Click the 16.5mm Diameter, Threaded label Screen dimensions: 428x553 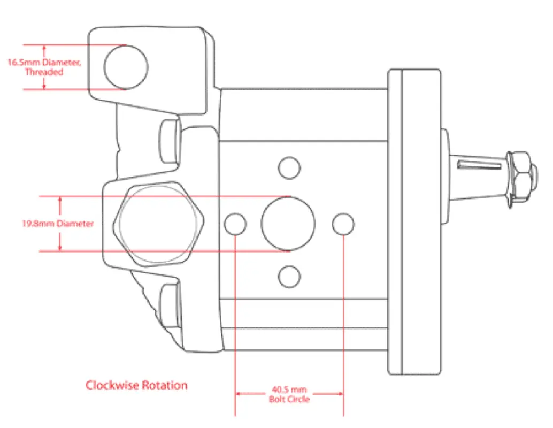point(44,67)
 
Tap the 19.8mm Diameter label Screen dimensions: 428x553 point(58,223)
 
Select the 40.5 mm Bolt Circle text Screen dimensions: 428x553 point(289,394)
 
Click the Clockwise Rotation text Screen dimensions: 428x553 point(136,385)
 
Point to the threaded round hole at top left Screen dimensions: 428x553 point(126,67)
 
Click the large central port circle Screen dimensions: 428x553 point(289,224)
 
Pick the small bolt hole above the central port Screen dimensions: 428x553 point(289,167)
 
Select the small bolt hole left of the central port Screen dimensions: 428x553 point(235,224)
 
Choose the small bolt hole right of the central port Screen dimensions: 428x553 point(343,224)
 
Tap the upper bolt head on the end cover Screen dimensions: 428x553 point(170,140)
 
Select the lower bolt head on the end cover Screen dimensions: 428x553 point(170,305)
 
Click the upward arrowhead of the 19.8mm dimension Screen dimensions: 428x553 point(60,200)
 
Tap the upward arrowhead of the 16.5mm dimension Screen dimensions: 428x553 point(43,48)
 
